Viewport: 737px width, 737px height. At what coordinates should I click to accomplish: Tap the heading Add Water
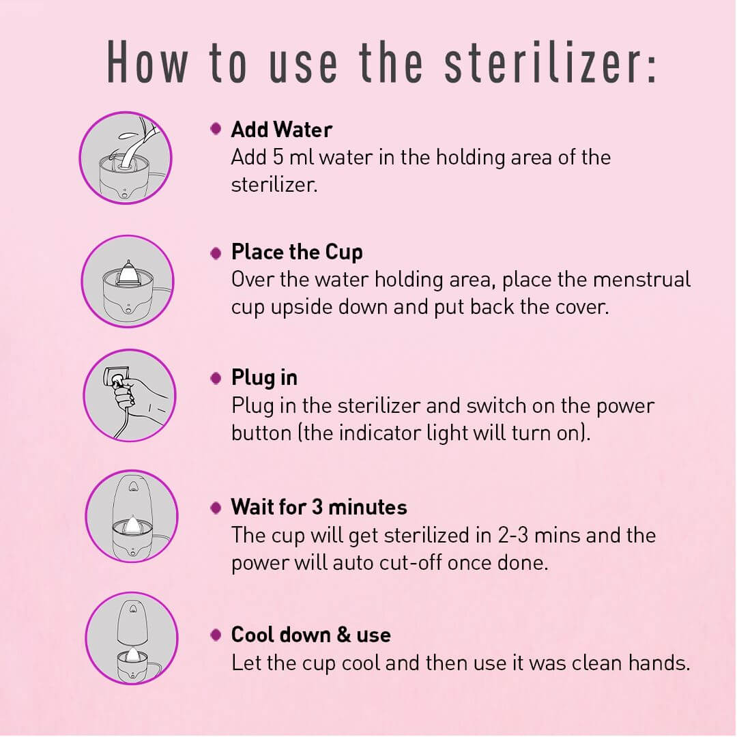pos(282,130)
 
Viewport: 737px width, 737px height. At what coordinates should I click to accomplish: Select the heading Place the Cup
pos(297,253)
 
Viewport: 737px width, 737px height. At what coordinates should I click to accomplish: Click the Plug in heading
pos(264,378)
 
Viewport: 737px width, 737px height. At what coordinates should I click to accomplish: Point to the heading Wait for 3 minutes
pos(319,507)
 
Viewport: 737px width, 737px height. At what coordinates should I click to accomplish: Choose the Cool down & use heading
pos(310,635)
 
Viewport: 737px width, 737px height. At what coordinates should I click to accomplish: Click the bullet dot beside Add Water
pos(216,129)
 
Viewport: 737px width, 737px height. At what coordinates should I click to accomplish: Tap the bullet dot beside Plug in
pos(216,378)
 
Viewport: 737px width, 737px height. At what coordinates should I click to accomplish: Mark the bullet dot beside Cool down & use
pos(216,635)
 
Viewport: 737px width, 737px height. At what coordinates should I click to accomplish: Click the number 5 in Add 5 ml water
pos(278,158)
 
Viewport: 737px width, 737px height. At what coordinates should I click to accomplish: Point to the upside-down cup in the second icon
pos(127,272)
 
